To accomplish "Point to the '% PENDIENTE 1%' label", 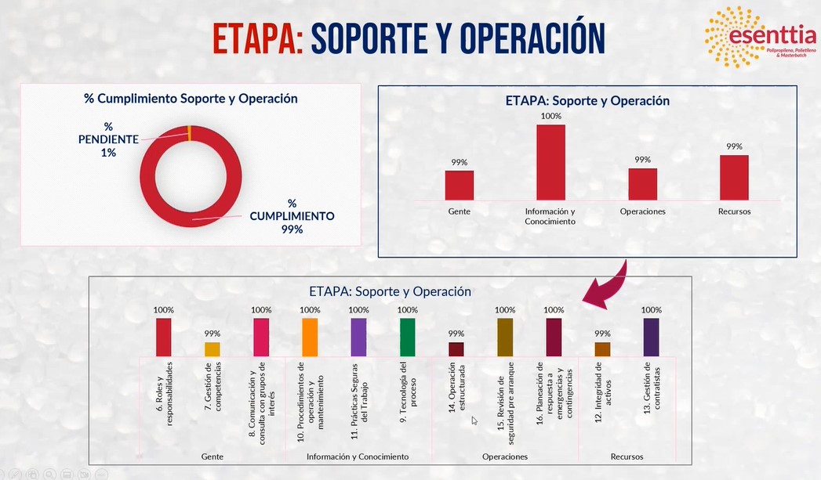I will [108, 139].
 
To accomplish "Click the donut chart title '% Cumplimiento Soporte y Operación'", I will [191, 99].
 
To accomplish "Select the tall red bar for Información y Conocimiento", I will [550, 162].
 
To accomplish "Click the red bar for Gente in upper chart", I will [459, 185].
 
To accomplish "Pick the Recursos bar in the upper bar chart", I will [734, 177].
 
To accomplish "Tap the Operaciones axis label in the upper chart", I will [642, 211].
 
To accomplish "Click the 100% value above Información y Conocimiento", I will [550, 116].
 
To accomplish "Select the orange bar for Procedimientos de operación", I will [310, 337].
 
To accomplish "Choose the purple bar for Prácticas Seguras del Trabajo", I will [358, 337].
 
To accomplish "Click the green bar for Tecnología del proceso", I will [407, 337].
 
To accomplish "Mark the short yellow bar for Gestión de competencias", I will [213, 349].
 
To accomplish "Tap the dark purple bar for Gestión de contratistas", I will [651, 337].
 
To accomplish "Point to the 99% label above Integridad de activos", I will [602, 334].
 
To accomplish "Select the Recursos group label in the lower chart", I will [627, 457].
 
